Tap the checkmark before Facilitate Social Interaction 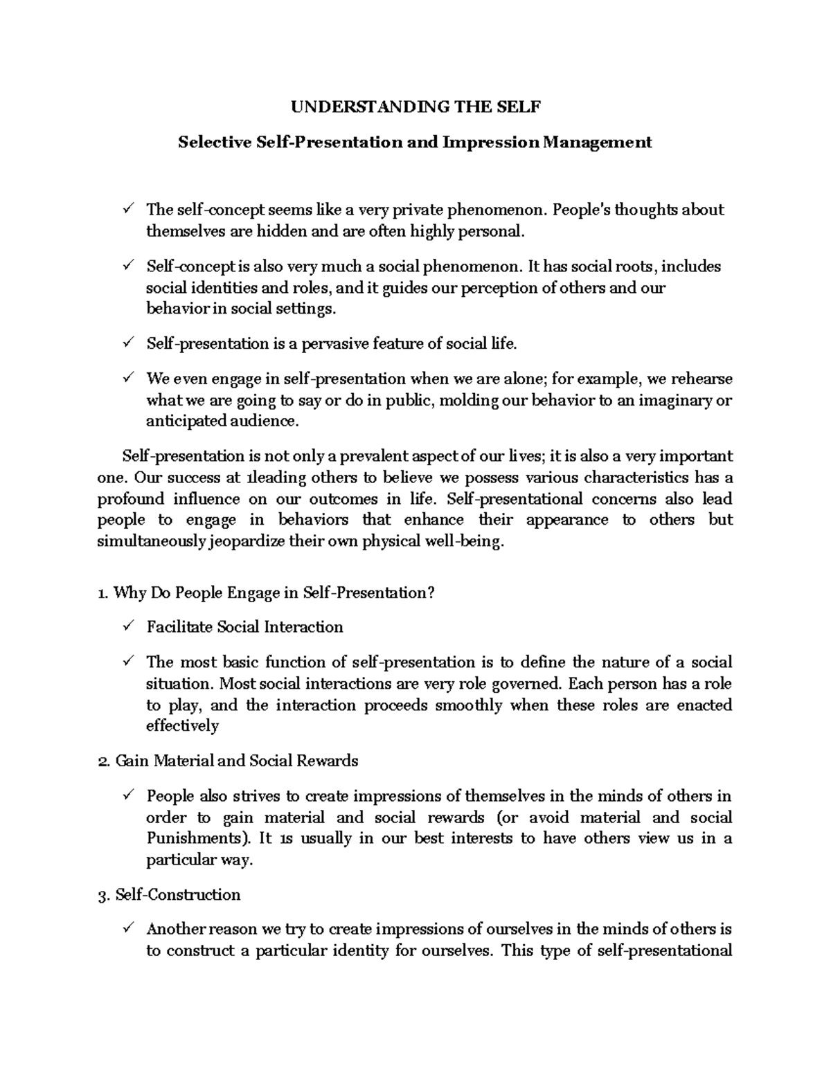click(128, 626)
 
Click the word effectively click(182, 726)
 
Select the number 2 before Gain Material click(103, 761)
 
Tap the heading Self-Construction click(178, 895)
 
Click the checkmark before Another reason click(128, 928)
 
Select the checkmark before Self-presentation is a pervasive click(128, 343)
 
